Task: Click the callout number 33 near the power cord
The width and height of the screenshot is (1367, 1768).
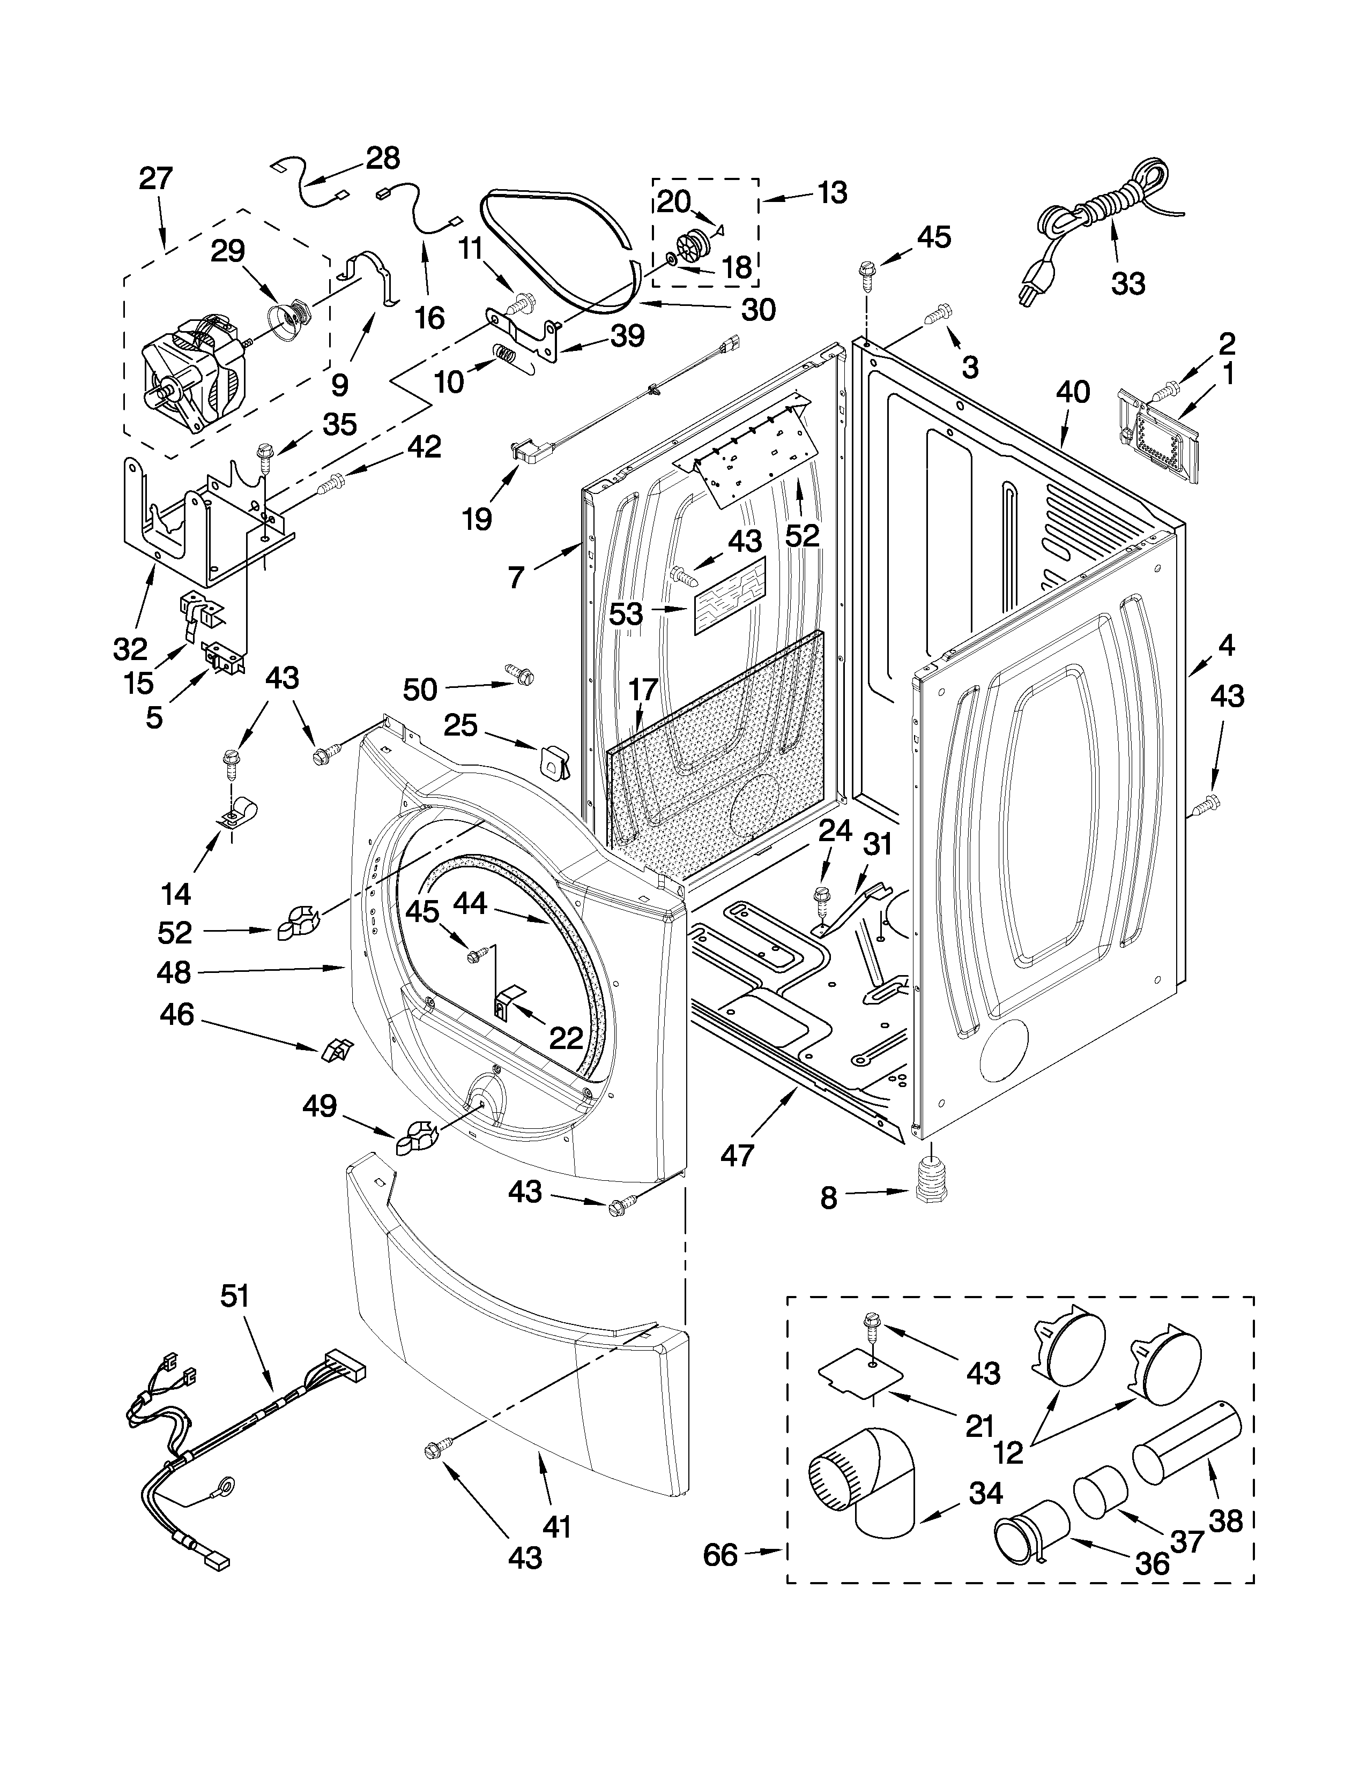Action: click(x=1128, y=283)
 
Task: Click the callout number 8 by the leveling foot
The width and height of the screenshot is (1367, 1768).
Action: click(x=828, y=1197)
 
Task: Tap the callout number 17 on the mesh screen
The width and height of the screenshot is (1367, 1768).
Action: click(x=644, y=690)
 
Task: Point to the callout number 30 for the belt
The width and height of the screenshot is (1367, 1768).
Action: click(x=758, y=309)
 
